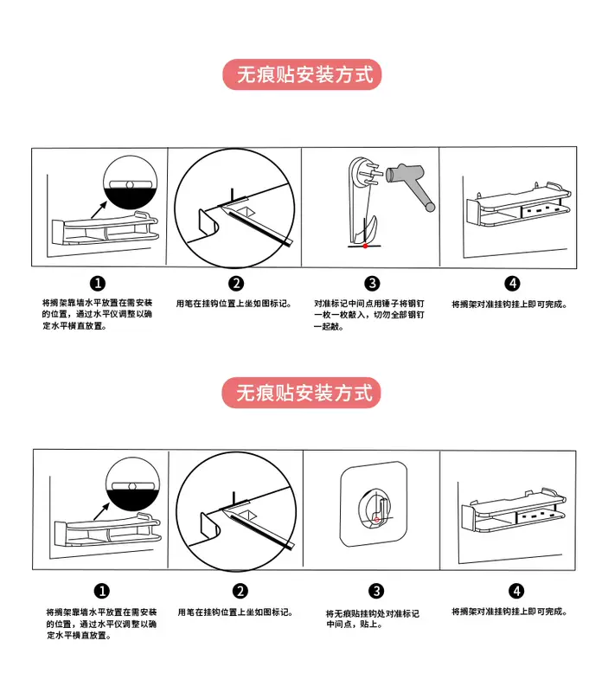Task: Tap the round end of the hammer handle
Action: [429, 206]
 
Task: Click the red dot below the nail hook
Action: [365, 246]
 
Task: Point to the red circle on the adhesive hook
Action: [376, 520]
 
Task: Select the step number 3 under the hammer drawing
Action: [372, 284]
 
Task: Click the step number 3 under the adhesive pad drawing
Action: [376, 591]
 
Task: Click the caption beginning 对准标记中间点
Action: [368, 315]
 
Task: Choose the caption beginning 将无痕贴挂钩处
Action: [373, 618]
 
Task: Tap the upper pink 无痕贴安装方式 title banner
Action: [302, 74]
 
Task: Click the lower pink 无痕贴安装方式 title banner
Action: [301, 393]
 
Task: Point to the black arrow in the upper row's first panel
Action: [99, 209]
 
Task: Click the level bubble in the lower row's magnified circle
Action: [131, 486]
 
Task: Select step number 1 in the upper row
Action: [98, 283]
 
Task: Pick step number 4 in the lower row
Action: [515, 591]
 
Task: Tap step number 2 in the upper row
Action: [236, 284]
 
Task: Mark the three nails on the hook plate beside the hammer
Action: [372, 173]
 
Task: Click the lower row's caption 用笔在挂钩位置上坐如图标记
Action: [234, 612]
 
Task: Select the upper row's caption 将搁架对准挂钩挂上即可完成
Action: [509, 304]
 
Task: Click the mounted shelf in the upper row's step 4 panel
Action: [518, 204]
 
